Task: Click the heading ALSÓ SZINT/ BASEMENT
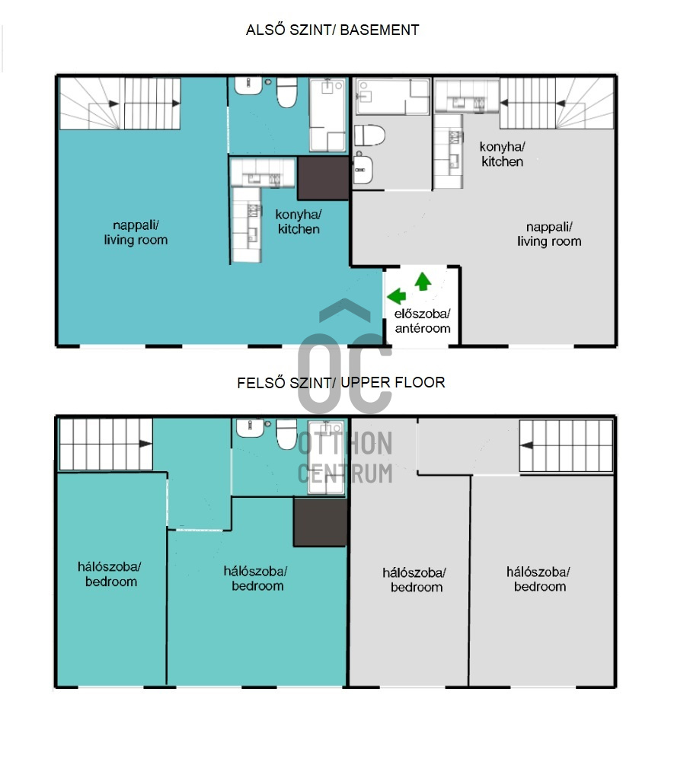[x=332, y=30]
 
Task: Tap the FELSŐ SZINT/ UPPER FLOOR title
[x=340, y=383]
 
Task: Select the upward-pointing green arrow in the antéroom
[x=423, y=282]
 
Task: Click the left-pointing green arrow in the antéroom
[x=397, y=296]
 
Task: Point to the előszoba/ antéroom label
[x=423, y=320]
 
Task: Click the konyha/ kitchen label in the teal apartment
[x=299, y=222]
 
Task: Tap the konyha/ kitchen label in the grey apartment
[x=502, y=154]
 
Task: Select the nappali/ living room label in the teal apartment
[x=136, y=232]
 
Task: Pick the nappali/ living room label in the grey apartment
[x=549, y=234]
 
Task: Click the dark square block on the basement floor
[x=323, y=178]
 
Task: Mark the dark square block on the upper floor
[x=320, y=522]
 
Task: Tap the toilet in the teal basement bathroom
[x=287, y=92]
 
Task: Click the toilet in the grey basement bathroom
[x=369, y=135]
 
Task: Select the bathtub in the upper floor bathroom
[x=326, y=457]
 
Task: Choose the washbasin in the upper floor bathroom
[x=250, y=429]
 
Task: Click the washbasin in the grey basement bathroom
[x=363, y=169]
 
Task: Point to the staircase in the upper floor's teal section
[x=106, y=445]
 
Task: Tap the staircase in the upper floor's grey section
[x=566, y=446]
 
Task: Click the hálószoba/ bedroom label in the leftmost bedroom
[x=110, y=574]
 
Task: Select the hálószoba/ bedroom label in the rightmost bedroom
[x=539, y=579]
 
